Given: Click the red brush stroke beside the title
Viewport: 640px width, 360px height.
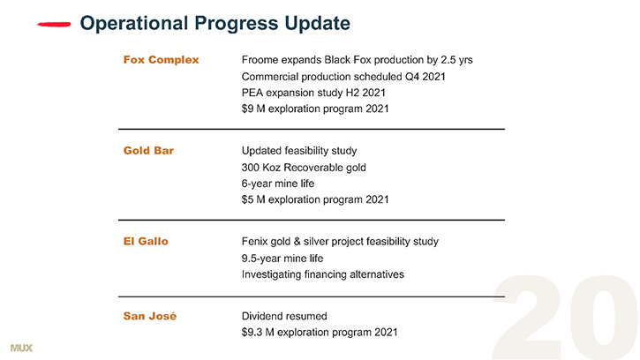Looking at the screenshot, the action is coord(54,25).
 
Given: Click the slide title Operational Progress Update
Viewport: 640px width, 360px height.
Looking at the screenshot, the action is coord(215,23).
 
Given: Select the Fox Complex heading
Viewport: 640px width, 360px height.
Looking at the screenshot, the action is coord(161,60).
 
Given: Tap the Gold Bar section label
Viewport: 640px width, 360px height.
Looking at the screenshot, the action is coord(148,151).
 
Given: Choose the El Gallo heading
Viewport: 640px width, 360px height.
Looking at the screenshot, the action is coord(146,241).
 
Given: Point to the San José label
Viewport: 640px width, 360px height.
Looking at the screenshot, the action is coord(150,316).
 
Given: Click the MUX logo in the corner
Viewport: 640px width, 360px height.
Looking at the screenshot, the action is coord(21,348).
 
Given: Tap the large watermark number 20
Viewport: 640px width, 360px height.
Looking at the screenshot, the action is coord(565,318).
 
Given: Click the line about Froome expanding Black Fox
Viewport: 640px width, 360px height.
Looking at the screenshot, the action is coord(358,60).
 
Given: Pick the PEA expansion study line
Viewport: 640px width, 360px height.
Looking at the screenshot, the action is coord(313,93).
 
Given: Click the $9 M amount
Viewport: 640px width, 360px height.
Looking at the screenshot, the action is coord(253,109).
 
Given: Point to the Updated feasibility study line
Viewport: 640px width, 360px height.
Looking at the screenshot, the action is coord(299,151).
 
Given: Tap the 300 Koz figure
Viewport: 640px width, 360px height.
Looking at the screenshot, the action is coord(260,168).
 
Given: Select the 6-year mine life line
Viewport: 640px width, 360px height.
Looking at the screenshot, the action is coord(278,184).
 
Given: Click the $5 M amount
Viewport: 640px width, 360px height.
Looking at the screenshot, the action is coord(253,199).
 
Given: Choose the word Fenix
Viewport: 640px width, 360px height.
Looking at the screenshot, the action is coord(253,241).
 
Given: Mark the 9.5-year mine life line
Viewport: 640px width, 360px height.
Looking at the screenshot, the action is coord(282,259).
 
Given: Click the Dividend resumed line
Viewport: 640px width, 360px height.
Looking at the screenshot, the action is coord(284,316).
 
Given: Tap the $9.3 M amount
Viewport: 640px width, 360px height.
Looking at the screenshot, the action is coord(258,333).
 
